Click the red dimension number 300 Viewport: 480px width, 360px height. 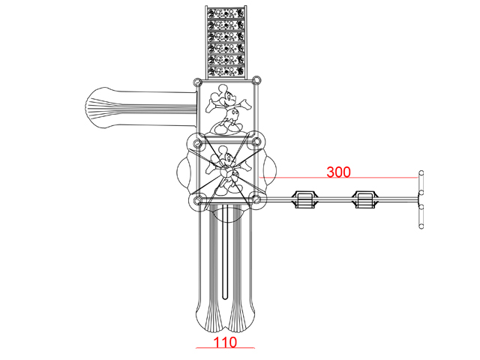point(338,172)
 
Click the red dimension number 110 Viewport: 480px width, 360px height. point(225,342)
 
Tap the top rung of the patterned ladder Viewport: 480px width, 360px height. point(226,13)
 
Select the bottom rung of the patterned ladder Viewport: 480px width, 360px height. point(226,71)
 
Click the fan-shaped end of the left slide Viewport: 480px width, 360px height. point(97,108)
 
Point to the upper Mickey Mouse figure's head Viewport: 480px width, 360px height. point(226,94)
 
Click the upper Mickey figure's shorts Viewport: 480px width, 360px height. point(232,115)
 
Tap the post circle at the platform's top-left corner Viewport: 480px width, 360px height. point(198,82)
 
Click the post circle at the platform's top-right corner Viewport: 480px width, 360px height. point(256,80)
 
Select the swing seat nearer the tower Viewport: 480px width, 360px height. point(304,199)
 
